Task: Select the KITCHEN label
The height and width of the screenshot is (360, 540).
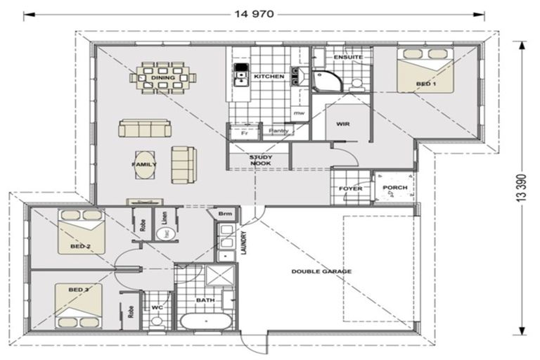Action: pos(269,75)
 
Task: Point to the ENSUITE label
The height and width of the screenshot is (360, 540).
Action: pos(347,57)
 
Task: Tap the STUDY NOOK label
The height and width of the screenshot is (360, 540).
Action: pos(260,160)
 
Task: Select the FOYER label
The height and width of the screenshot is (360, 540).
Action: pos(349,188)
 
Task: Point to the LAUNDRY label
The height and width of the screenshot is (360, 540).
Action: pos(243,245)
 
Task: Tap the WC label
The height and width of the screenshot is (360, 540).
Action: pos(157,307)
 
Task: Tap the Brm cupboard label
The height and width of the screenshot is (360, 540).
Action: pos(225,214)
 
